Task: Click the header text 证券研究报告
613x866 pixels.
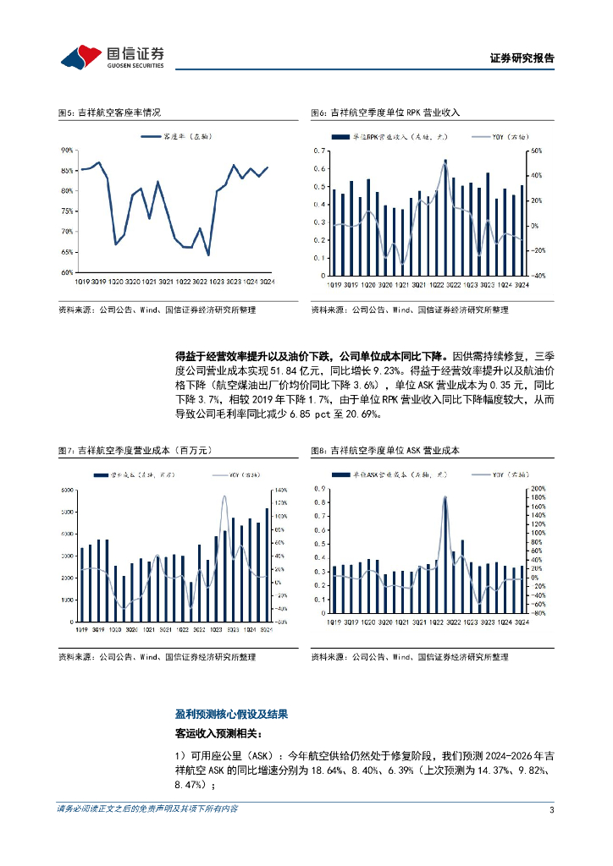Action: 522,58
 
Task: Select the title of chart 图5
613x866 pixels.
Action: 108,112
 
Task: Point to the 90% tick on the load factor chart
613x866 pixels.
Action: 67,151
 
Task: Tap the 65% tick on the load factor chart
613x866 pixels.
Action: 67,252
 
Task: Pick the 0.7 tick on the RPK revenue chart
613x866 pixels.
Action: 320,151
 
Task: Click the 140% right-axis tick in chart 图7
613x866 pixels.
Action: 279,491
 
